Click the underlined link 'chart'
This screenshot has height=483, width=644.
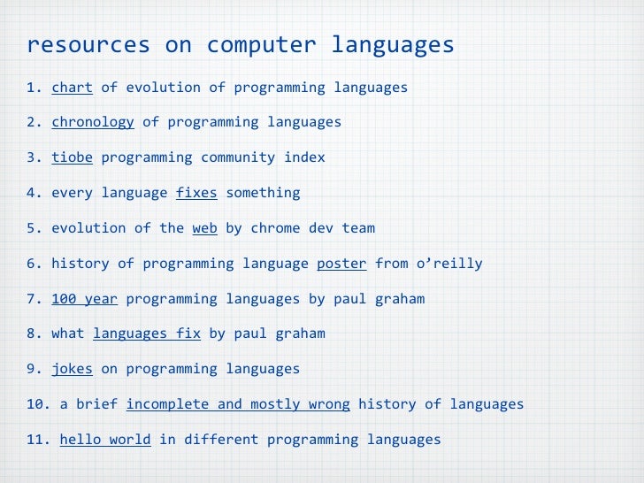[x=72, y=87]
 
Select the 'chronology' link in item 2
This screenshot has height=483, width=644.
[x=93, y=122]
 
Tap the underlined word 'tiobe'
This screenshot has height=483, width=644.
[x=72, y=157]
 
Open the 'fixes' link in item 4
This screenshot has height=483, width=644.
[x=196, y=193]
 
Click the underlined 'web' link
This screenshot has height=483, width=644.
[x=204, y=228]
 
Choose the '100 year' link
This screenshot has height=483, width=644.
[x=85, y=299]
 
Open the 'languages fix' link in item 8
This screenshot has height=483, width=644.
[x=147, y=333]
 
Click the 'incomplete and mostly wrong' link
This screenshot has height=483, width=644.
[x=238, y=404]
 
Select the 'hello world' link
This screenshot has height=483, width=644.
[x=105, y=440]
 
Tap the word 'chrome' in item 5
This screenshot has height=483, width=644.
[x=275, y=228]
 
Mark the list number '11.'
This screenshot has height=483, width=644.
[x=39, y=440]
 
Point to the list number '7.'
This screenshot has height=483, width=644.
[x=34, y=299]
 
